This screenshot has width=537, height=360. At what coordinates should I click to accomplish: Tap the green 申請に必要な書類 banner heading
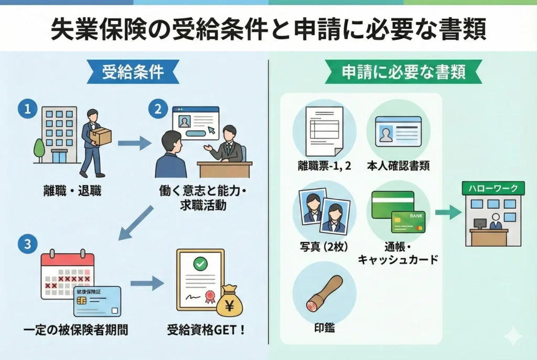pos(403,72)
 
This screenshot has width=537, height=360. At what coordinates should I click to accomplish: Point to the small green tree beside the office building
pos(39,149)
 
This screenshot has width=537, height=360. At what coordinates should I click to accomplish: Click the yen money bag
pos(230,301)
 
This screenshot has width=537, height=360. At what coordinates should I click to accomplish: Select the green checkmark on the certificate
pos(200,264)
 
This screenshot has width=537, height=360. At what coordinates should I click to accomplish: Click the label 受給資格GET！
pos(206,331)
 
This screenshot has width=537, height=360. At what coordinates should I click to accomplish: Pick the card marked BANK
pos(408,222)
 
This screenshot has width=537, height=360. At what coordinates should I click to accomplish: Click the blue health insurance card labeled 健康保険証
pos(98,301)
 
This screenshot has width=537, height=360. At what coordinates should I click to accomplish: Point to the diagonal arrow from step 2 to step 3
pos(136,222)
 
